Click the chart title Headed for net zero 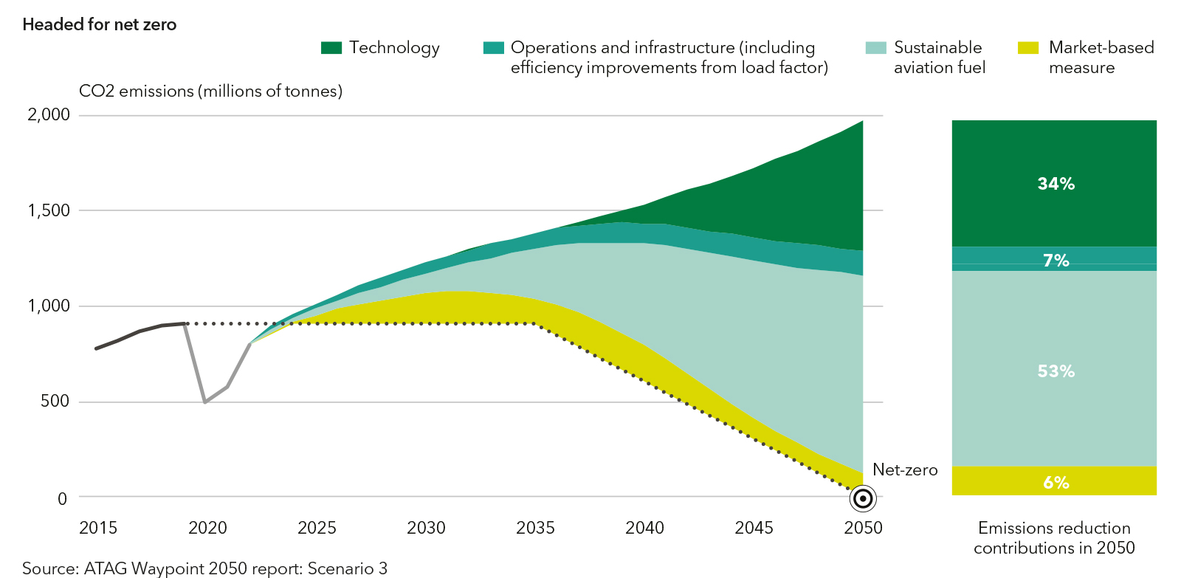click(x=100, y=24)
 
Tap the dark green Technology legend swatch click(x=331, y=48)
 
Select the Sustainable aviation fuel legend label click(x=939, y=58)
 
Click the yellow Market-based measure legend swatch click(x=1028, y=48)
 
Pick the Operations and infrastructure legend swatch click(x=493, y=48)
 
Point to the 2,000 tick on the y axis click(x=49, y=114)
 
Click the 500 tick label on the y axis click(x=55, y=401)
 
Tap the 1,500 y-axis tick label click(x=49, y=210)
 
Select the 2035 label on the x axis click(x=535, y=528)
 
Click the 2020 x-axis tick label click(x=207, y=528)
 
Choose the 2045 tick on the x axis click(x=754, y=528)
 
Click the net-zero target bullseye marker click(x=863, y=499)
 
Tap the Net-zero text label click(x=905, y=469)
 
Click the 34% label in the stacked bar click(x=1056, y=184)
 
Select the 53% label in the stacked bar click(x=1056, y=371)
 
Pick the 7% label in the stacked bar click(x=1056, y=261)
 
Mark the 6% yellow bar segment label click(x=1056, y=483)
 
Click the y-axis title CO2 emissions click(x=210, y=91)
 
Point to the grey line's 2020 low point click(x=205, y=402)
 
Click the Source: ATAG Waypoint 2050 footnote click(x=204, y=568)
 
